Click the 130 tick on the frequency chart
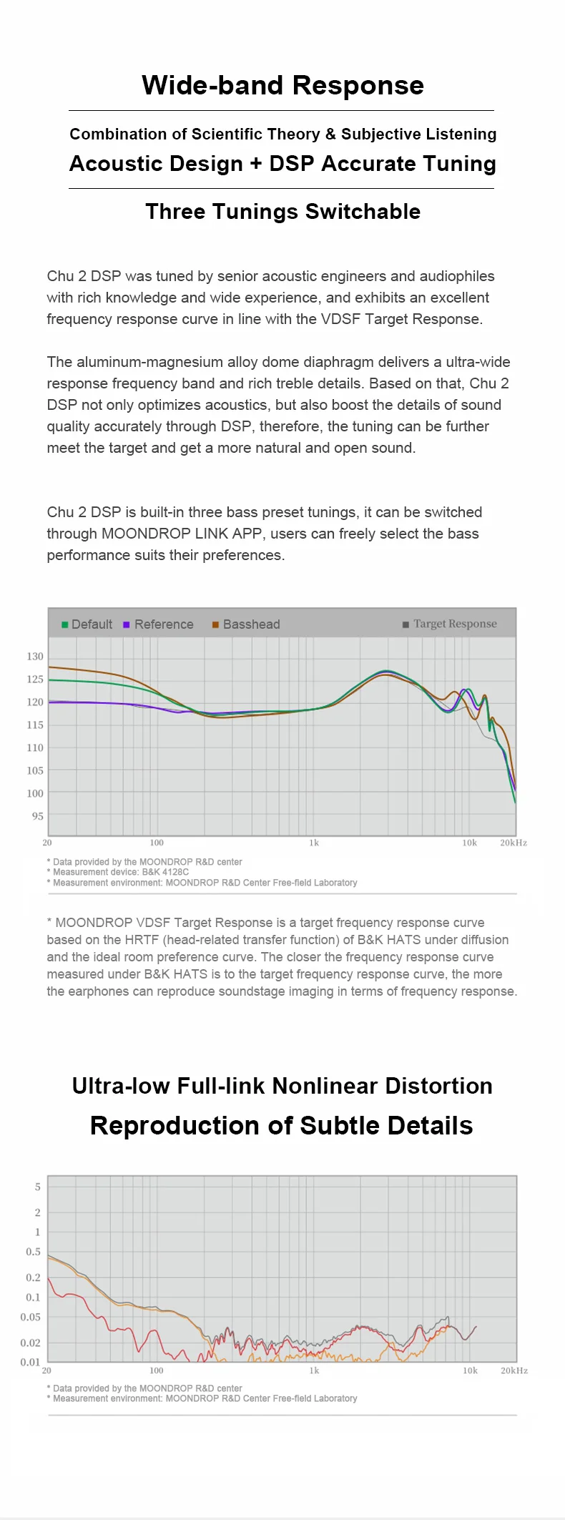click(35, 657)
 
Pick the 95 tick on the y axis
click(37, 816)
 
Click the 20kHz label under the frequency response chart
click(513, 843)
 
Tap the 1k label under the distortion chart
click(314, 1371)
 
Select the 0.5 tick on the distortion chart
click(34, 1252)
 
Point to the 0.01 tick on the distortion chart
click(30, 1362)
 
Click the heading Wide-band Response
click(282, 86)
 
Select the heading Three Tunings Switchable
click(282, 212)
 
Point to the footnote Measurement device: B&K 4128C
click(120, 872)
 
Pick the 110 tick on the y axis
click(35, 747)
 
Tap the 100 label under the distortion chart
click(156, 1371)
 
